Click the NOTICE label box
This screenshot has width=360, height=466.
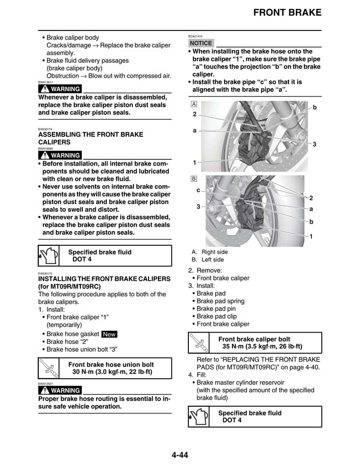click(x=201, y=43)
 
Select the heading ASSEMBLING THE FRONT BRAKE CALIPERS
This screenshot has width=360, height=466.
click(x=91, y=138)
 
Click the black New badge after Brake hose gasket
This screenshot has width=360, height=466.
click(x=109, y=334)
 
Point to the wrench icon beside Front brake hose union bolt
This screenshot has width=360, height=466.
click(x=48, y=367)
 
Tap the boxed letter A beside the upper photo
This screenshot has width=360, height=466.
click(x=194, y=104)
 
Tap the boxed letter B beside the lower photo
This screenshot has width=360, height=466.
click(x=194, y=179)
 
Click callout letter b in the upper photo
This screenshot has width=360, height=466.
click(x=315, y=107)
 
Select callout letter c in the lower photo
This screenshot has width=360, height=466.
click(x=198, y=190)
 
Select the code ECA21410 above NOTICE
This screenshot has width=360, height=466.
click(x=195, y=36)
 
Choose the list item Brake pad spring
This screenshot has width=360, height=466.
click(x=220, y=301)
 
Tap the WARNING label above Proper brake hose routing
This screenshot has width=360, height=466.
click(x=60, y=390)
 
